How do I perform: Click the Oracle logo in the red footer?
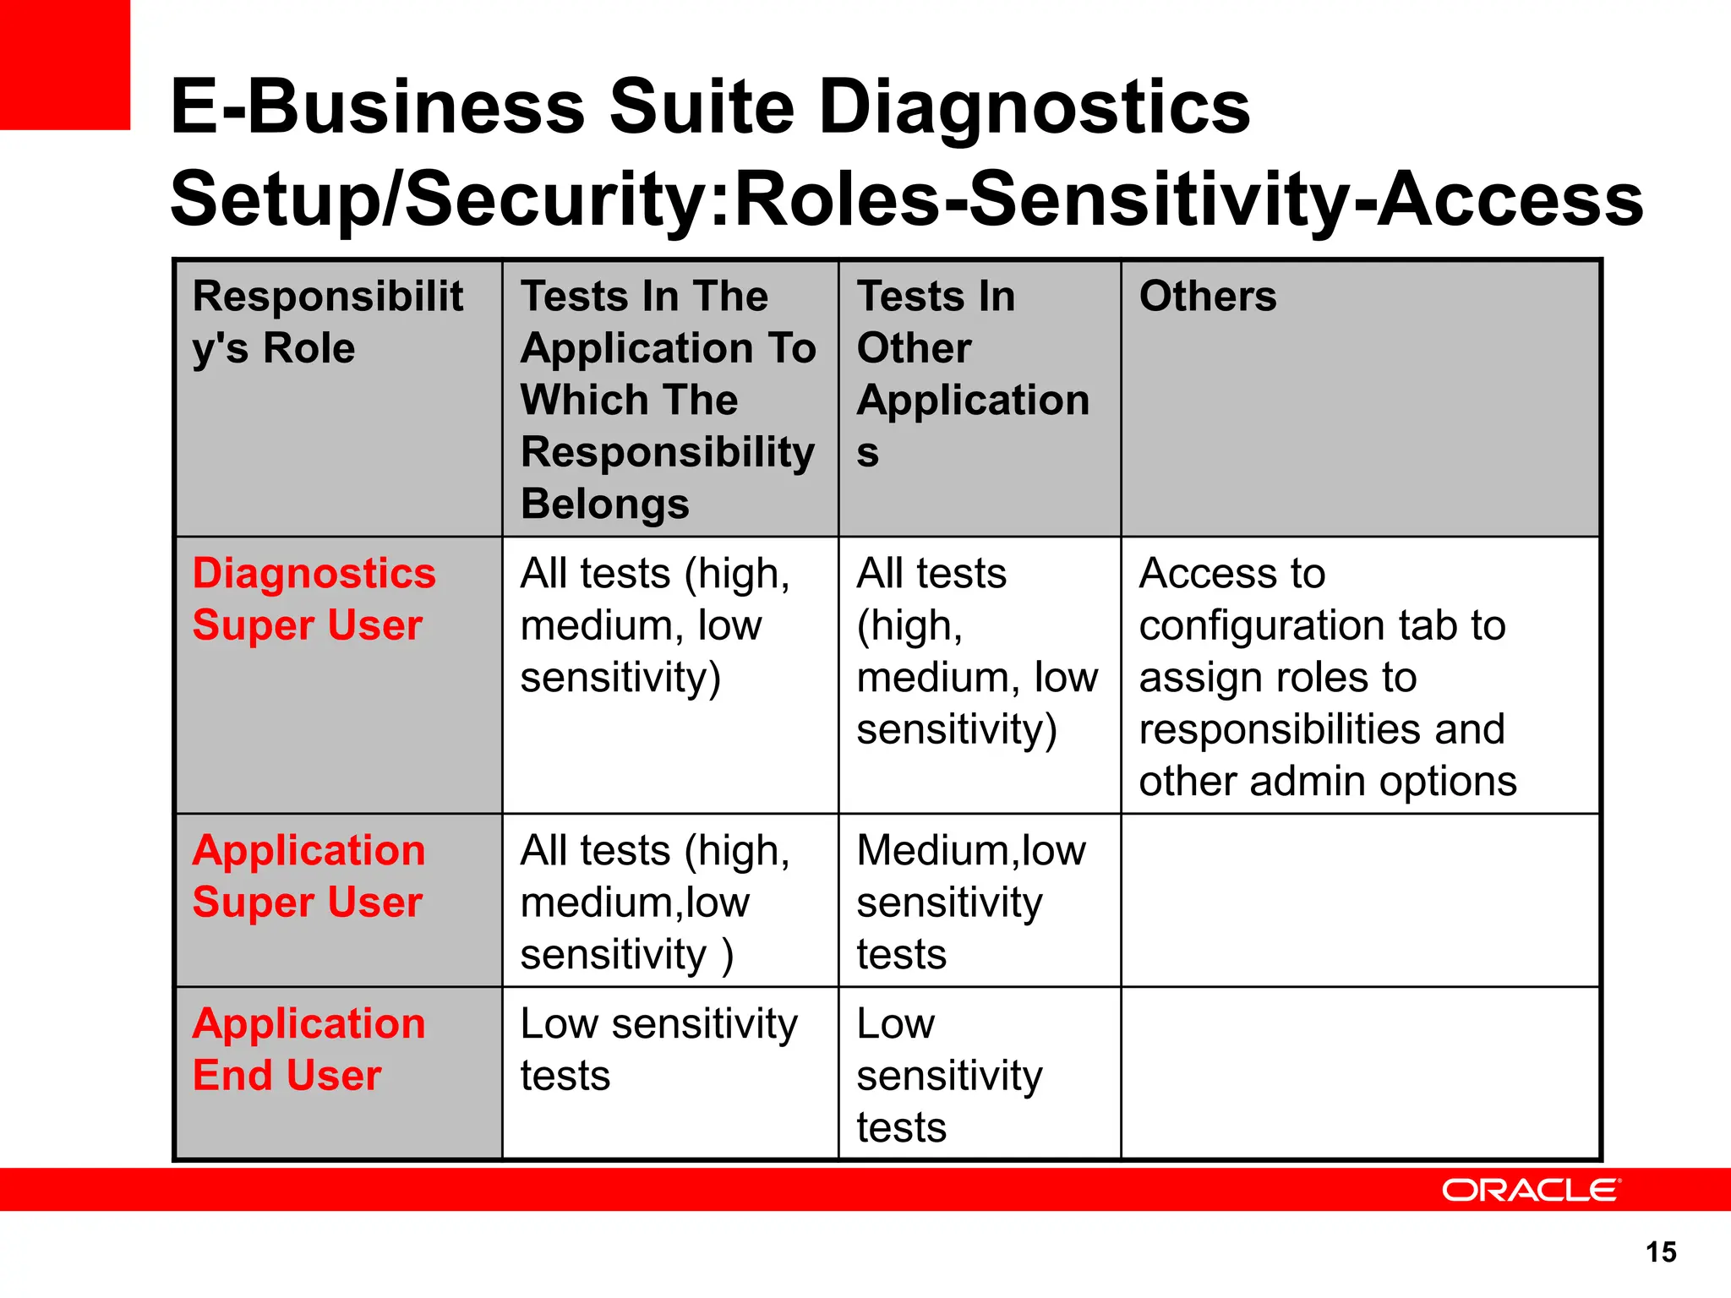pos(1530,1190)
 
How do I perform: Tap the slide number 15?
pos(1661,1252)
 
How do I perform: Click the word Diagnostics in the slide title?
pos(1035,107)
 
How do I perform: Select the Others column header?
pos(1208,297)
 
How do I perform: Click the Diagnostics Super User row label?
pos(314,599)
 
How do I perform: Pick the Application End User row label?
pos(309,1050)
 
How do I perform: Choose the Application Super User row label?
pos(309,876)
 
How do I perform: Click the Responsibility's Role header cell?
pos(327,322)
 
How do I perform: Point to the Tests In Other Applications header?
pos(973,374)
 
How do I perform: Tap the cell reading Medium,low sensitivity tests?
pos(971,902)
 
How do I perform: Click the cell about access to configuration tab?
pos(1327,677)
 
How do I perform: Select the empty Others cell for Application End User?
pos(1360,1073)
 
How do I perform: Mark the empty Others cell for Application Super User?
pos(1360,901)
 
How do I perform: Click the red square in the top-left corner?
pos(64,64)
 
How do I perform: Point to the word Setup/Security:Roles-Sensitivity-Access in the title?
pos(906,200)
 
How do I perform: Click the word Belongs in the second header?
pos(605,504)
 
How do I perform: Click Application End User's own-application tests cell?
pos(658,1050)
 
